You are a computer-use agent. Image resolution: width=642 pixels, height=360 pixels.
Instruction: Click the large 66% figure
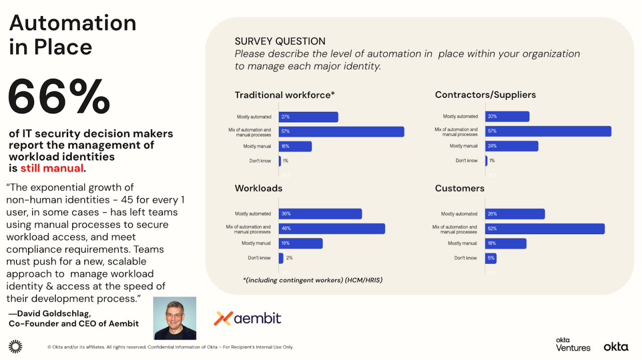pos(59,97)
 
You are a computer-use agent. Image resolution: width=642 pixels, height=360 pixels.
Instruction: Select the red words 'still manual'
pos(52,168)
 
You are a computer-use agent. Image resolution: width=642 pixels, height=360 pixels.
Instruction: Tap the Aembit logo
pos(248,318)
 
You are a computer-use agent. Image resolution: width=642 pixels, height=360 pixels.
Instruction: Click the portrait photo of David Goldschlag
pos(175,318)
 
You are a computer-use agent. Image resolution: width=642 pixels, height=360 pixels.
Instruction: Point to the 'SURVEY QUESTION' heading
pos(280,42)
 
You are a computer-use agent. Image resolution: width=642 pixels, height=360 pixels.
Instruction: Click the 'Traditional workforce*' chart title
pos(284,95)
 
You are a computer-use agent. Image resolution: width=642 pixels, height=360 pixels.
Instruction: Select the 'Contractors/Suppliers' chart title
pos(485,95)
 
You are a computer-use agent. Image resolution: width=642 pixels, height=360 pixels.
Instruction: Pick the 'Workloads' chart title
pos(258,189)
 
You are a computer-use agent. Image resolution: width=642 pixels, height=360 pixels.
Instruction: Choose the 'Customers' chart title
pos(459,189)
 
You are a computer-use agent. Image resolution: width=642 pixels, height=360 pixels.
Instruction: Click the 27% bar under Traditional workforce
pos(308,117)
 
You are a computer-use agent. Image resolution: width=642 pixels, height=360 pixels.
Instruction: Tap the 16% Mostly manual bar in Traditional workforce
pos(295,146)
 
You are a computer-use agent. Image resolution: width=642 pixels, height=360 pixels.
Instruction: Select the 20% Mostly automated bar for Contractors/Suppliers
pos(507,116)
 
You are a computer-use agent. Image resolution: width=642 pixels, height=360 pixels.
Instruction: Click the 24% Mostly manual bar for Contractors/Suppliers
pos(512,146)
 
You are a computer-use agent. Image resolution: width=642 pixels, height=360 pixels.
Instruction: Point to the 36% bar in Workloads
pos(320,214)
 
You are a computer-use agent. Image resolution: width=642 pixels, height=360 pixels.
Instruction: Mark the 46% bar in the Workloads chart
pos(332,229)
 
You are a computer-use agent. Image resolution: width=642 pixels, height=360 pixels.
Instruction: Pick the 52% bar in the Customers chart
pos(545,229)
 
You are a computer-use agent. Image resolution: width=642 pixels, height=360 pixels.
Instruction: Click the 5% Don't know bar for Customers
pos(491,258)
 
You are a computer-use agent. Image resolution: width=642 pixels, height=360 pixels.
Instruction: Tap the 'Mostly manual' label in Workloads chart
pos(256,243)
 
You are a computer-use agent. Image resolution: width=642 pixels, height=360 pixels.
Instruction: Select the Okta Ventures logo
pos(573,344)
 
